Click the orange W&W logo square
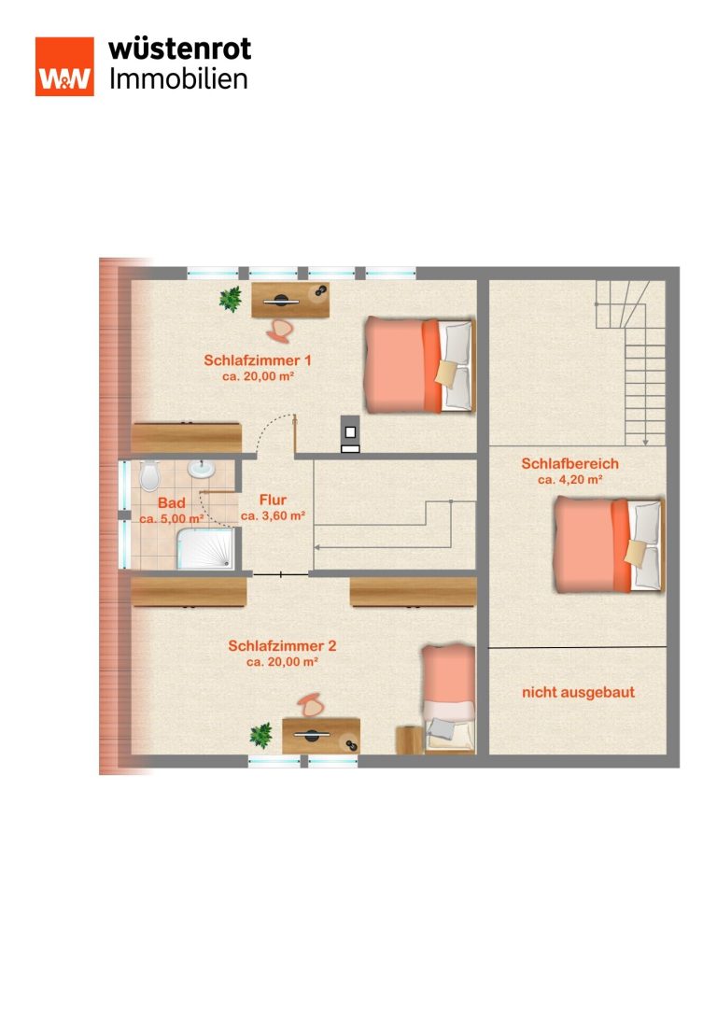[64, 66]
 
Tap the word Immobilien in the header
[178, 79]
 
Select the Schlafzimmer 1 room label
[258, 360]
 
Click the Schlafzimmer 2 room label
[282, 646]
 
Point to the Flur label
[273, 500]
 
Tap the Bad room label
[172, 503]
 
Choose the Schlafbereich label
[570, 463]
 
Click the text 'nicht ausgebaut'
[579, 693]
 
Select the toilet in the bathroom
[149, 476]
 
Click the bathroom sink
[202, 469]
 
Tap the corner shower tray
[205, 549]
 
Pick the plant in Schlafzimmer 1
[231, 300]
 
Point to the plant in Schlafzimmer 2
[261, 736]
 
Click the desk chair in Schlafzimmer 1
[279, 330]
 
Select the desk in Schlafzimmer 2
[321, 736]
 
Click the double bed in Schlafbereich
[609, 544]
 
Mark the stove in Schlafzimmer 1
[350, 433]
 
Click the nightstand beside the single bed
[409, 740]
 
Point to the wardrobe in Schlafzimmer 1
[187, 438]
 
